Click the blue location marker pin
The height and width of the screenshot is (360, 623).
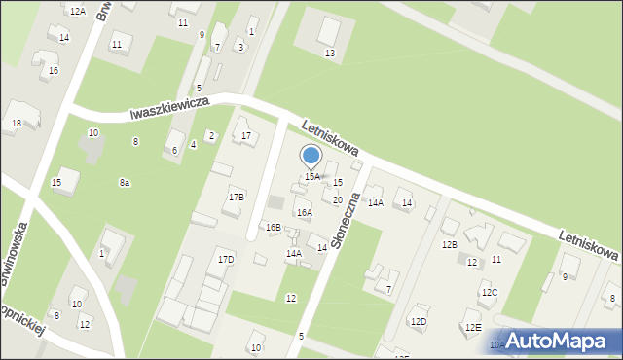coord(311,156)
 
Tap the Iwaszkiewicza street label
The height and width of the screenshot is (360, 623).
coord(172,108)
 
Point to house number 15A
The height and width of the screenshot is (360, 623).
coord(311,177)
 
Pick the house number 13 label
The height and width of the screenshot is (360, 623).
coord(330,53)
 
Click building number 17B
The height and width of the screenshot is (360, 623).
coord(237,197)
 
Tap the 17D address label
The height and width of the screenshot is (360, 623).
coord(226,260)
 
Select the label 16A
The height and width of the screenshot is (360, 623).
coord(305,212)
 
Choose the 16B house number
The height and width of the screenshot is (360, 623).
coord(274,228)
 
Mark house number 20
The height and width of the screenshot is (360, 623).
coord(337,200)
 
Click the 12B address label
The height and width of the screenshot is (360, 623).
coord(449,245)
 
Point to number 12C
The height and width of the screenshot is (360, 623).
coord(489,293)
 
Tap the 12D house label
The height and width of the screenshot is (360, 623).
coord(419,321)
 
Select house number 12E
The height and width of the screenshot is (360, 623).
coord(473,328)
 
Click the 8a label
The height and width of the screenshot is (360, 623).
coord(125,183)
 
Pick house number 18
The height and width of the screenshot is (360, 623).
coord(17,124)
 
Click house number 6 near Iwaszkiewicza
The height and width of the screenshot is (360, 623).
coord(174,150)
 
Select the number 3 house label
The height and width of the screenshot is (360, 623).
coord(240,47)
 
